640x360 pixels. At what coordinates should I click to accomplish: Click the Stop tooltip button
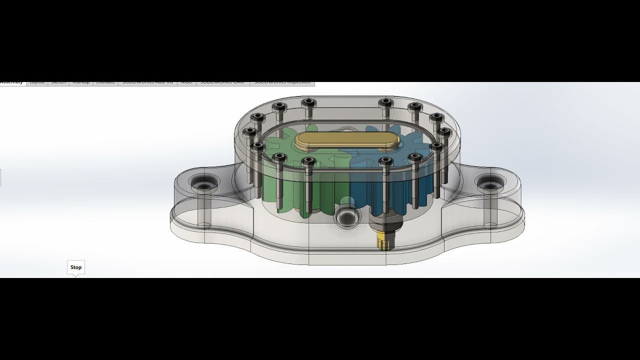tap(76, 267)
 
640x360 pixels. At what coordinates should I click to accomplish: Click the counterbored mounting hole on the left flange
tap(204, 184)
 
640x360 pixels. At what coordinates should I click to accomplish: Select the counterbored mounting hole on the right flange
tap(489, 184)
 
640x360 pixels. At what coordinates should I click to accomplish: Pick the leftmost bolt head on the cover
tap(249, 132)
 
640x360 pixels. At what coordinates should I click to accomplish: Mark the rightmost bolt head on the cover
tap(444, 132)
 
